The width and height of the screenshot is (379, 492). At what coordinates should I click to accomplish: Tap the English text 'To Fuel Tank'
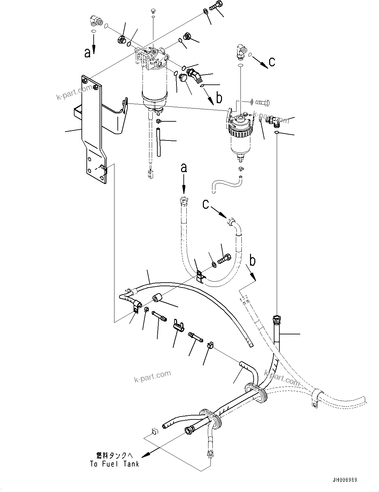tap(114, 464)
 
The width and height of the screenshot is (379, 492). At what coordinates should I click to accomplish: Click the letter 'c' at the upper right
tap(272, 61)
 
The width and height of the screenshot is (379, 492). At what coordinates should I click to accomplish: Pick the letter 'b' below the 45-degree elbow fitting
tap(219, 98)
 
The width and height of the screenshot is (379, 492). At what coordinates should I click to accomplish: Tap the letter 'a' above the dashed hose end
tap(184, 168)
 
